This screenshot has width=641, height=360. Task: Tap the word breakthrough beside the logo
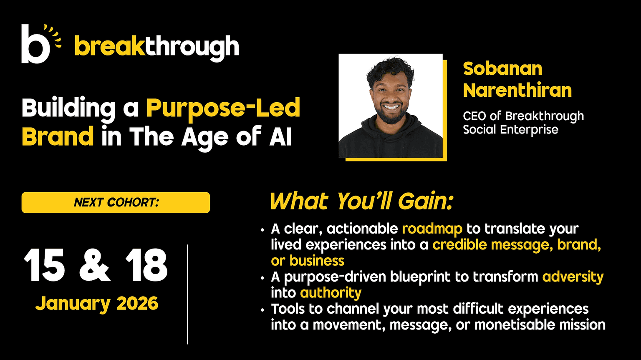click(156, 47)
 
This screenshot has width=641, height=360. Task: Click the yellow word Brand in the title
click(58, 136)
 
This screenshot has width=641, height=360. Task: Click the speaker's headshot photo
click(391, 106)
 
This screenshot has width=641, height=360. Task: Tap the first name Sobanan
click(502, 69)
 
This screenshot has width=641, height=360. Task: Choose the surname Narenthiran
click(517, 90)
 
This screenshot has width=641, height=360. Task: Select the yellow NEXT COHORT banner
click(116, 202)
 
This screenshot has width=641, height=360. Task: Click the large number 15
click(44, 265)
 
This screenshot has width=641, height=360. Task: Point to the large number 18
click(146, 265)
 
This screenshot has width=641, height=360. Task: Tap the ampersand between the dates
click(94, 265)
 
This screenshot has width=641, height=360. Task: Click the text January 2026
click(97, 303)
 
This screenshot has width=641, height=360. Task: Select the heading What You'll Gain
click(361, 201)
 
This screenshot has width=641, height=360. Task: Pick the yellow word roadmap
click(432, 229)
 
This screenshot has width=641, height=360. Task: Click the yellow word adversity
click(573, 277)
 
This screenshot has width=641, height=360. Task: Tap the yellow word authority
click(331, 293)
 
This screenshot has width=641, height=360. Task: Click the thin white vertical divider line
click(187, 294)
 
